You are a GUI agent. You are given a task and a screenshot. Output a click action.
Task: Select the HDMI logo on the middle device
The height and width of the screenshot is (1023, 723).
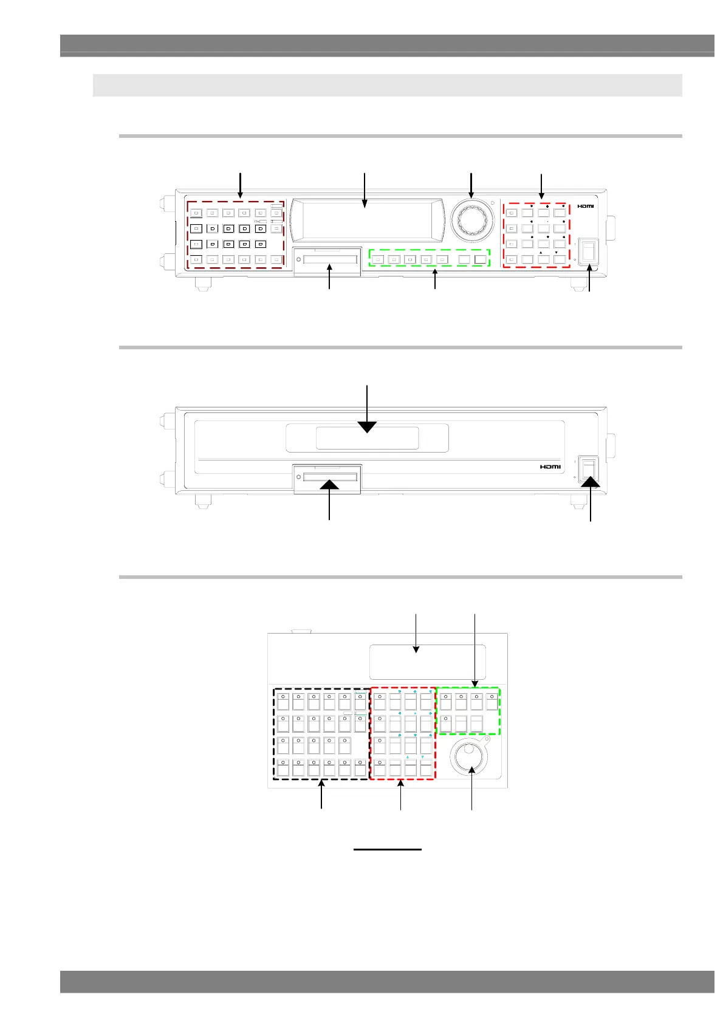[x=550, y=467]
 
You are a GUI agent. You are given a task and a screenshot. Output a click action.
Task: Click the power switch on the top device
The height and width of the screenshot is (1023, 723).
[x=588, y=251]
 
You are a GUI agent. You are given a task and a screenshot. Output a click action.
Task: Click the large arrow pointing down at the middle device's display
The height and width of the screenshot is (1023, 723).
[x=367, y=413]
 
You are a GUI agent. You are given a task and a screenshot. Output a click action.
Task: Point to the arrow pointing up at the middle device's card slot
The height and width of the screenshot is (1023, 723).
[x=329, y=498]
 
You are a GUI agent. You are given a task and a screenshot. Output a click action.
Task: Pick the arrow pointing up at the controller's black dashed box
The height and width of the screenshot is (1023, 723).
[x=321, y=796]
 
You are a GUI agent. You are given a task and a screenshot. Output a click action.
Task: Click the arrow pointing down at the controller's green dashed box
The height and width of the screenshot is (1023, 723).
[x=475, y=650]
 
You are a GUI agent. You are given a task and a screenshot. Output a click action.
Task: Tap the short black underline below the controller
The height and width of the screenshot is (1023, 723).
[x=388, y=849]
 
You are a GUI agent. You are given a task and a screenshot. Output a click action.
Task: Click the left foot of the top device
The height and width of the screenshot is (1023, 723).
[x=200, y=283]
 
